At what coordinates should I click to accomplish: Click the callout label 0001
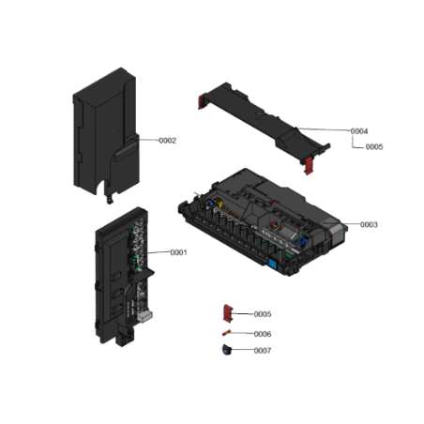point(178,252)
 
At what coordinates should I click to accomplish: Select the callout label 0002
point(168,141)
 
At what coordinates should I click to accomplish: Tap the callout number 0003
point(369,225)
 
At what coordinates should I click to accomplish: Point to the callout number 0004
point(359,131)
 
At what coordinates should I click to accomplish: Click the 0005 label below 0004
point(374,147)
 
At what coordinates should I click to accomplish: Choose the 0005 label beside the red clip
point(263,314)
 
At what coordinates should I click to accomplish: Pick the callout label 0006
point(263,334)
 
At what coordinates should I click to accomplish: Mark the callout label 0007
point(263,351)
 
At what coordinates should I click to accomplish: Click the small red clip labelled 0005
point(228,313)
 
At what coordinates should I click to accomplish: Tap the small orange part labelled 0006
point(227,333)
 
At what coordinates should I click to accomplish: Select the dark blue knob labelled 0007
point(227,350)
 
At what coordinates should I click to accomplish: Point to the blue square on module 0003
point(272,264)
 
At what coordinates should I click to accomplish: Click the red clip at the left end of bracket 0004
point(203,101)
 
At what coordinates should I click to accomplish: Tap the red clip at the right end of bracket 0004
point(309,166)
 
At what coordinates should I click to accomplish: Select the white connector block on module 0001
point(144,316)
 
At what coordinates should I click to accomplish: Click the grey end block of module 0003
point(338,233)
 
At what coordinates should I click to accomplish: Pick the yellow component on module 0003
point(218,203)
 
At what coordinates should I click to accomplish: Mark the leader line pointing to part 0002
point(148,140)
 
